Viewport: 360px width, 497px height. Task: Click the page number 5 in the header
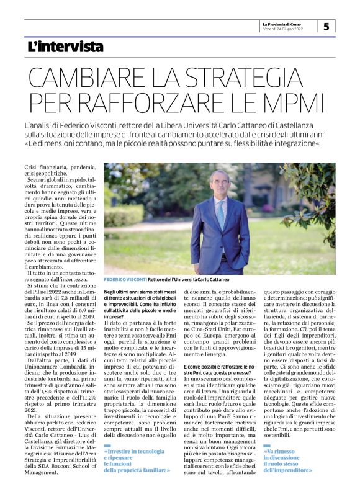(x=326, y=26)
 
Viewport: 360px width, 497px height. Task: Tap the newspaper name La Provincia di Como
(x=287, y=22)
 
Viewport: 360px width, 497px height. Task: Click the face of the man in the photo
(x=219, y=184)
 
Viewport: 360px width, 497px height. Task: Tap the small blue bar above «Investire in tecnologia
(x=107, y=446)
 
